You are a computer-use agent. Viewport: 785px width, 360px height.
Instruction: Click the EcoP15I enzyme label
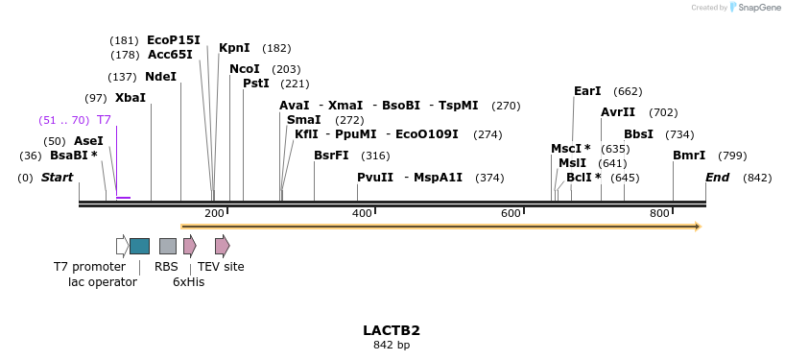173,40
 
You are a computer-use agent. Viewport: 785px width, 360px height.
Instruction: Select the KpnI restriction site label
234,48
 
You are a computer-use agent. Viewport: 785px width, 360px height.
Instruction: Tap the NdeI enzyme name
160,77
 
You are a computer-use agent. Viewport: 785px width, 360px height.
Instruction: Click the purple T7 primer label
104,120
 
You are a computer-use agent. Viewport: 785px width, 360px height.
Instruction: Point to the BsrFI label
331,156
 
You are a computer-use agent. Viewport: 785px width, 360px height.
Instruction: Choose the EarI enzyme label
587,91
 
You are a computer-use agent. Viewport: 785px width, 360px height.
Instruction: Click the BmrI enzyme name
689,156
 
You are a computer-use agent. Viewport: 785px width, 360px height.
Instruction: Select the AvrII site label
618,112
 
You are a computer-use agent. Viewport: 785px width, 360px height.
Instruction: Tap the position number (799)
732,156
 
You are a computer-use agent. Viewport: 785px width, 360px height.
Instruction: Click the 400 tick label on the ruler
362,213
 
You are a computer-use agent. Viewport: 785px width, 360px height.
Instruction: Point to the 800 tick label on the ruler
659,213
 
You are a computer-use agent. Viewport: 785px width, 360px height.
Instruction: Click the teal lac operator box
139,246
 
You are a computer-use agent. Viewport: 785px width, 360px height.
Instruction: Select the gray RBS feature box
168,246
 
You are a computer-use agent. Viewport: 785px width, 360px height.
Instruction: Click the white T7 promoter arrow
122,246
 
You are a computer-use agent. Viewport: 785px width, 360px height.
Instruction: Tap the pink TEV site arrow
222,246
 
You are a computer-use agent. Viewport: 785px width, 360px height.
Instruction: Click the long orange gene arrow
440,227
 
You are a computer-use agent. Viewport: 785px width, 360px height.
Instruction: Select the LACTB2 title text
392,330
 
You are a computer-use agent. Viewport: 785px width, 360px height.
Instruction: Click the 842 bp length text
392,346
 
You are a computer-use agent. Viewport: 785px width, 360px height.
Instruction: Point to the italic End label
717,178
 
